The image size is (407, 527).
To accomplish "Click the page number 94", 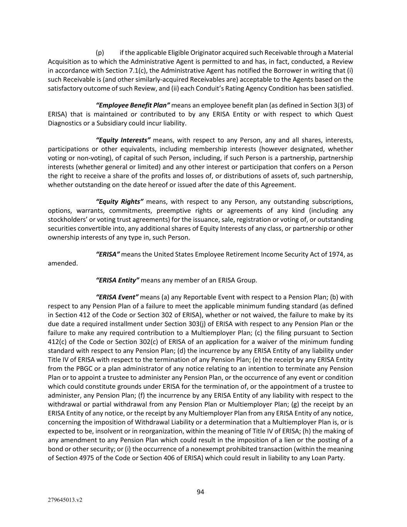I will click(200, 491).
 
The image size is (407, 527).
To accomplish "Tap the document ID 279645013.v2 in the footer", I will click(65, 500).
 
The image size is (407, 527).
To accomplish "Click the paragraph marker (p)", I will click(100, 53).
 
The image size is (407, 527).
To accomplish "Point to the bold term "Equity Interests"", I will click(123, 140).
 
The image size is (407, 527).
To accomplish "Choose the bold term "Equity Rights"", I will click(120, 202).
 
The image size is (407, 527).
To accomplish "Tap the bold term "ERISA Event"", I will click(117, 297).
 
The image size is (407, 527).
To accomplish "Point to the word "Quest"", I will click(344, 114).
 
